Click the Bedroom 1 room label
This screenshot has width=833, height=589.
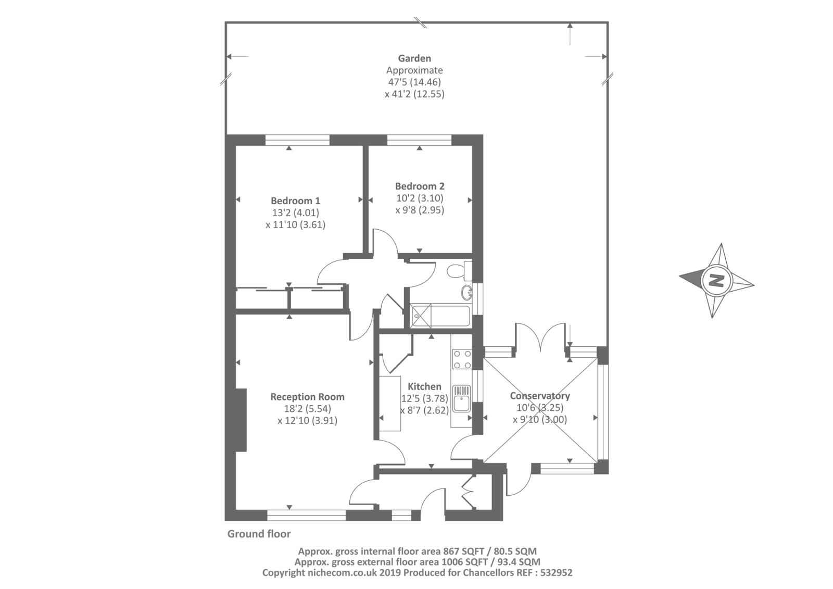click(x=295, y=201)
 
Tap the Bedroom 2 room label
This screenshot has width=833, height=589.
click(x=420, y=186)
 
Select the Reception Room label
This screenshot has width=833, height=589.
click(x=308, y=397)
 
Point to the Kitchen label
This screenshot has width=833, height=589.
click(x=425, y=386)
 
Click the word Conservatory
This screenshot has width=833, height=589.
click(x=540, y=396)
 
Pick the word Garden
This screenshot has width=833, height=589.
click(x=414, y=58)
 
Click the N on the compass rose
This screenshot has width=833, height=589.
click(x=716, y=280)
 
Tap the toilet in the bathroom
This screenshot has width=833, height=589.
click(x=459, y=270)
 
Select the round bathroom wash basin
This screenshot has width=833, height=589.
click(x=466, y=293)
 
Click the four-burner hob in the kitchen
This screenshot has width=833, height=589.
click(x=462, y=359)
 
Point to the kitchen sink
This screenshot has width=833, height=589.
click(x=461, y=399)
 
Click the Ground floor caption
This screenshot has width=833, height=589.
click(x=259, y=534)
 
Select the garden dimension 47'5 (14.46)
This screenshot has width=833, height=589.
click(x=414, y=82)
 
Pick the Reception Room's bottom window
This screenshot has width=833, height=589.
click(x=307, y=516)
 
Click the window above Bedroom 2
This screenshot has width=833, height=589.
click(x=419, y=140)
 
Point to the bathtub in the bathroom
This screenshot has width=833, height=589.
click(x=440, y=316)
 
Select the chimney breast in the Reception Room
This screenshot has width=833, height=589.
click(x=241, y=420)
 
